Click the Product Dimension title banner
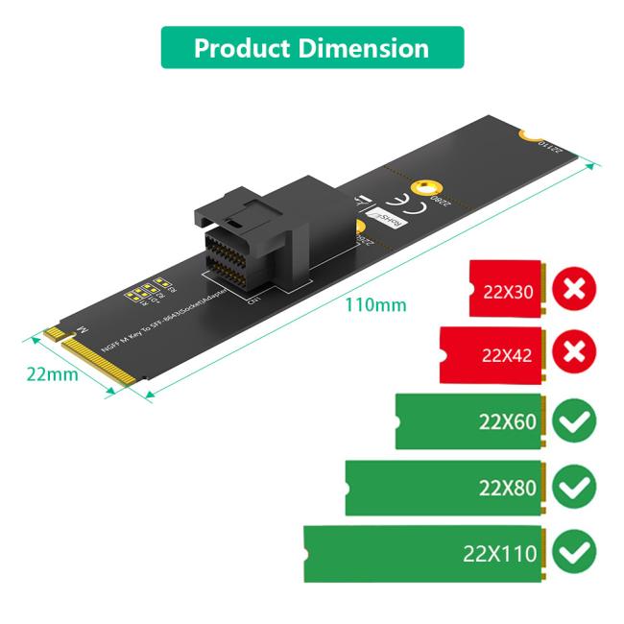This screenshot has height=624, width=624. [312, 48]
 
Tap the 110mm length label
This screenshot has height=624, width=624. [375, 305]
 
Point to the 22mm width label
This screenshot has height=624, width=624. [52, 373]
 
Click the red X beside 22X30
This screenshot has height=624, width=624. [574, 288]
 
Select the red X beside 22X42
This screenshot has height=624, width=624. [574, 353]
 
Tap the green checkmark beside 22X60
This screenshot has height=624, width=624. [575, 420]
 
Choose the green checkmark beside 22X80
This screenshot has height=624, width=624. [575, 487]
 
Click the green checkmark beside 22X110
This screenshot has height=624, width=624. [575, 553]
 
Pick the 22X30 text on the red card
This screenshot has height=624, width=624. [508, 289]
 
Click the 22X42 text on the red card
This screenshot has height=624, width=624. [508, 355]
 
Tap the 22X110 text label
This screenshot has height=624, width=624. [500, 554]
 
